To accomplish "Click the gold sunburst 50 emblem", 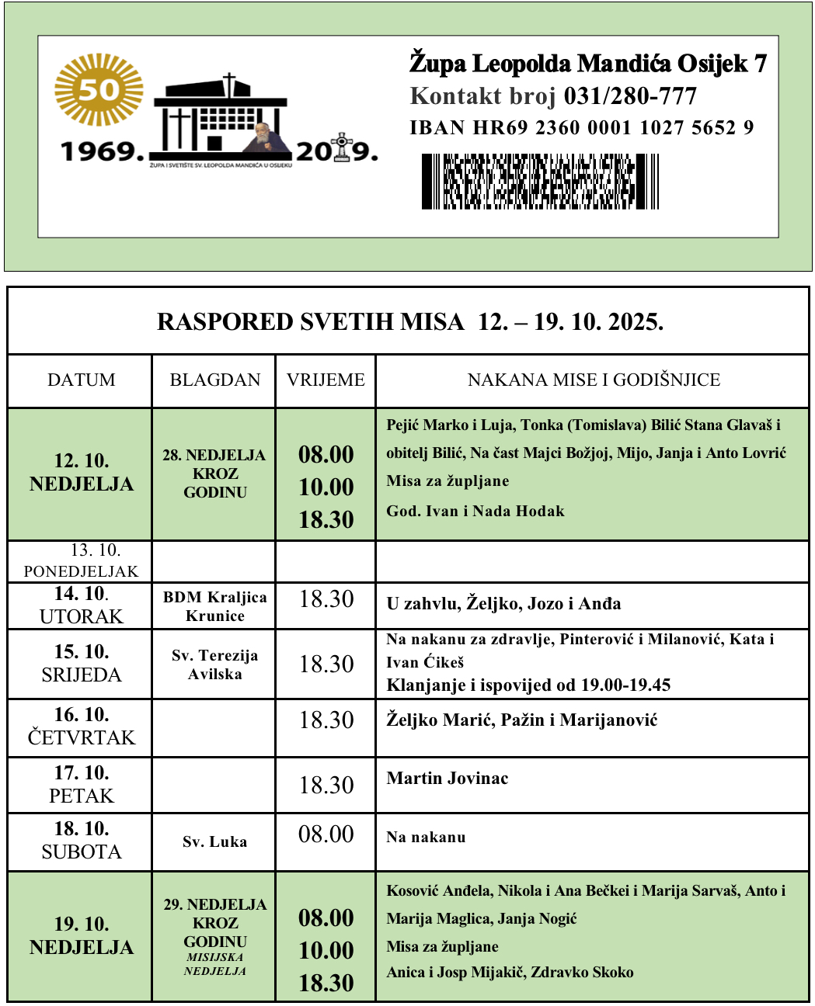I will pos(99,89).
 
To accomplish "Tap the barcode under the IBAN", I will pos(540,182).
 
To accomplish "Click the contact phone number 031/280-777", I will pos(630,96).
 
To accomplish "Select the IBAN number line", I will pos(581,128).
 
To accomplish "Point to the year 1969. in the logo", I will pos(103,151).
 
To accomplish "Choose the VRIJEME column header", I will pos(326,380).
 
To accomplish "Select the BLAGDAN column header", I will pos(215,380).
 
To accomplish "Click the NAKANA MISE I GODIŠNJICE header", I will pos(594,380).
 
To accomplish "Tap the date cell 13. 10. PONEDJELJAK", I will pos(82,561).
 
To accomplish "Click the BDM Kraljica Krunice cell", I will pos(215,606).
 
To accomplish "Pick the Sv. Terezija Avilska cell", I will pos(215,664).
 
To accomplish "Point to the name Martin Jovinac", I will pos(448,779).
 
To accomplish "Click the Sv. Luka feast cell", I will pos(215,842).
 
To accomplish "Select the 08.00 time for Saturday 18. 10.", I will pos(326,834).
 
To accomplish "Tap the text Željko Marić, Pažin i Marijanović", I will pos(522,720).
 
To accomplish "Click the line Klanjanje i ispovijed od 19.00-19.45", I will pos(528,685).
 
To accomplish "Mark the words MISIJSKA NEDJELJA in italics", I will pos(215,964).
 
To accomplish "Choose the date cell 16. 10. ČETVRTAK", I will pos(82,727).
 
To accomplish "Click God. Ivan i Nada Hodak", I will pos(475,512).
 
